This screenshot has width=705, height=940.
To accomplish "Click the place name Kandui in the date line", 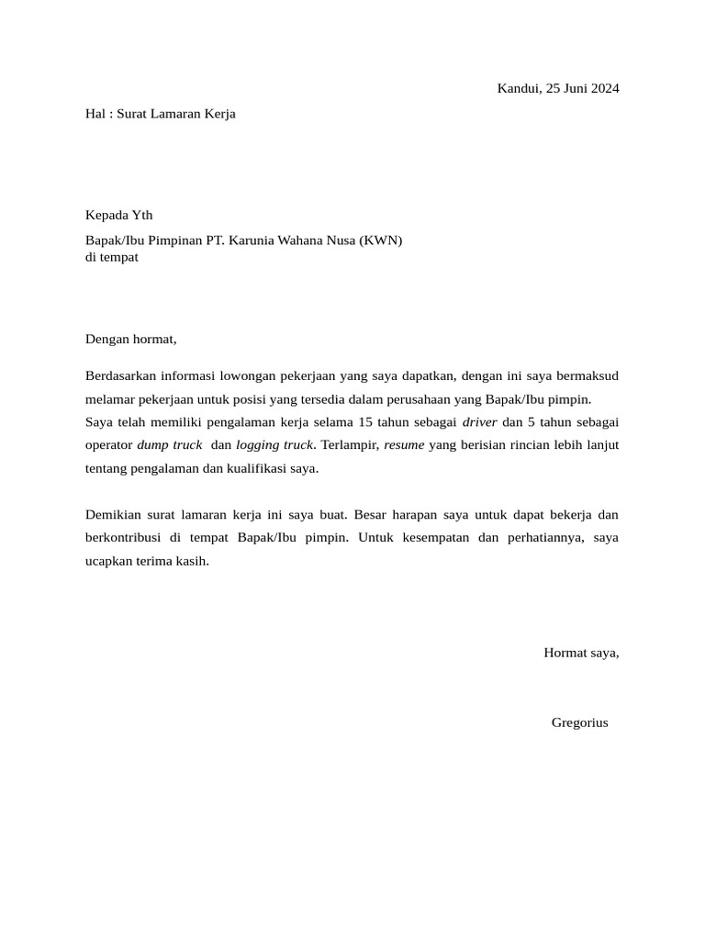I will coord(518,89).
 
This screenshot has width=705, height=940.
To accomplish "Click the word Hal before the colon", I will coord(96,114).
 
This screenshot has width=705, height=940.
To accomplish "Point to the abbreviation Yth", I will coord(142,216).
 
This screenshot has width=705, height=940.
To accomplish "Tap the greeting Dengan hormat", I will coord(130,339).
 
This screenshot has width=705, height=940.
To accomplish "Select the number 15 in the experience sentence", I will coord(367,421).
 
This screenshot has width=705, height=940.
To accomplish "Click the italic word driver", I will coord(479,421).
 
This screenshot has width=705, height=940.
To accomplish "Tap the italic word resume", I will coord(404,445).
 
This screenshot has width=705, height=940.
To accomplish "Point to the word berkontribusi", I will coord(125,537).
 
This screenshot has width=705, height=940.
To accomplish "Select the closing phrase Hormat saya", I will coord(581,654).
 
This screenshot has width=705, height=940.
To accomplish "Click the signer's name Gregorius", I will coord(579,723).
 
